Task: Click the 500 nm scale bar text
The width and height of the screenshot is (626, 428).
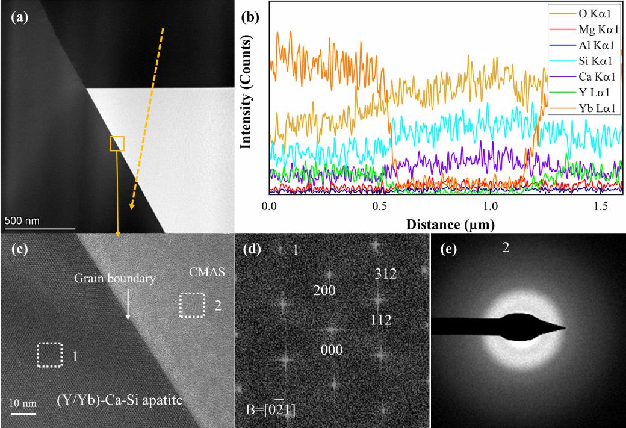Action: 23,220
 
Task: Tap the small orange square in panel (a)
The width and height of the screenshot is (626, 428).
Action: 117,143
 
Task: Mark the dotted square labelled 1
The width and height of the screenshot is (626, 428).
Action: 50,355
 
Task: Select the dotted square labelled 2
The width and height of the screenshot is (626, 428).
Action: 193,305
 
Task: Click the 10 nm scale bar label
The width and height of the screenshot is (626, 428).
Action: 23,401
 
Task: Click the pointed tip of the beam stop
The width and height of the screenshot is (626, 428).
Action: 565,328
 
